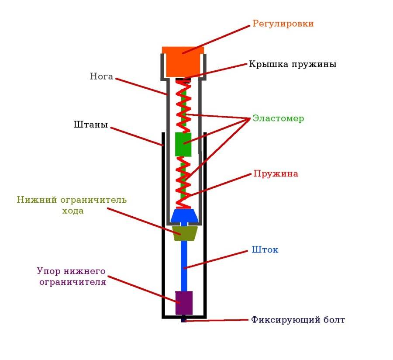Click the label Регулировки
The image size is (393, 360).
(283, 24)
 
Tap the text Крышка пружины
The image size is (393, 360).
(293, 64)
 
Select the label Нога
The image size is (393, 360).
(101, 76)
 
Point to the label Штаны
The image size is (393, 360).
(90, 125)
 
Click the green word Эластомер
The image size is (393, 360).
(278, 118)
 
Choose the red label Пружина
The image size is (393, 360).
(276, 173)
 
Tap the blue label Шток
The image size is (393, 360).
(265, 250)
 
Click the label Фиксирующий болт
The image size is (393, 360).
(298, 320)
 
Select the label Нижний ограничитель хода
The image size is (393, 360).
(72, 205)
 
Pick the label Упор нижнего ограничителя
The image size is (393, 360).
(72, 276)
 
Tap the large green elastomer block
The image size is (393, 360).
(183, 144)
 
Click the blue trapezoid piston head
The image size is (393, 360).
(184, 216)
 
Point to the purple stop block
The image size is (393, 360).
(184, 302)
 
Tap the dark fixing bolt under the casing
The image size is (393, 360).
(183, 320)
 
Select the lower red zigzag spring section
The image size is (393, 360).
(183, 181)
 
